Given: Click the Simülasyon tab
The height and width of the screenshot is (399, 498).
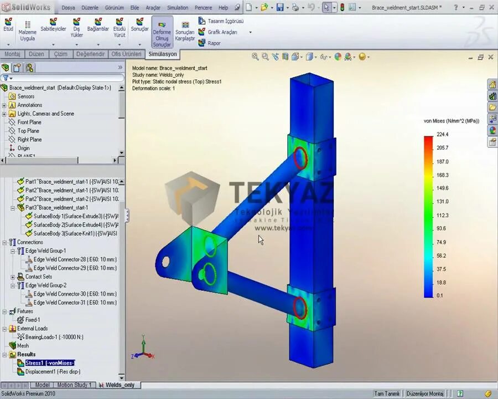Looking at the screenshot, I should (163, 54).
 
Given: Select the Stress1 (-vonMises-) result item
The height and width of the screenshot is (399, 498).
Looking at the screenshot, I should (49, 363).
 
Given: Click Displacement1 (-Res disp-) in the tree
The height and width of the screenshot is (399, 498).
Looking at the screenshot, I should (53, 371).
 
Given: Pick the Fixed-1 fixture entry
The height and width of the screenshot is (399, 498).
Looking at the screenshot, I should (32, 320).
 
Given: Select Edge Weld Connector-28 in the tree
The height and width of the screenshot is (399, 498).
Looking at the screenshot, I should (75, 259).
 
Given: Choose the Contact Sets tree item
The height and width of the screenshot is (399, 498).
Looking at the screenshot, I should (38, 277).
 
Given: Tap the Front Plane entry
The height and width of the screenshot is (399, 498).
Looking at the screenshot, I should (29, 122).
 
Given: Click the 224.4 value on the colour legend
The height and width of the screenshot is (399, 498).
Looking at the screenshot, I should (442, 135).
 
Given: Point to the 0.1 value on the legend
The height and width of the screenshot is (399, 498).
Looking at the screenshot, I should (439, 295).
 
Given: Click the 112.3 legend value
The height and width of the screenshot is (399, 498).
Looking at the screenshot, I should (442, 215).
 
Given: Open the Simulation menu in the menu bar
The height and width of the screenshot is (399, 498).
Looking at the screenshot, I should (178, 8).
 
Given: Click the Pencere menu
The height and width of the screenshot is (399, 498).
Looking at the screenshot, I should (203, 8).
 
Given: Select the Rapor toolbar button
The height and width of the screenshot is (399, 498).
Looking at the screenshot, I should (214, 43).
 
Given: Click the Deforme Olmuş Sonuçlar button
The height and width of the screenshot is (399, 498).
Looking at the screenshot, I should (162, 34).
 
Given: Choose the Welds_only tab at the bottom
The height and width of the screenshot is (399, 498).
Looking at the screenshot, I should (120, 385).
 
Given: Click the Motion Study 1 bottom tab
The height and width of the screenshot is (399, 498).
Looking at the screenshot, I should (75, 385).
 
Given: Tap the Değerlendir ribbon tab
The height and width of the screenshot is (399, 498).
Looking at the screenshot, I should (90, 54).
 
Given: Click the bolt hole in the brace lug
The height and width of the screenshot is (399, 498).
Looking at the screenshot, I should (165, 260).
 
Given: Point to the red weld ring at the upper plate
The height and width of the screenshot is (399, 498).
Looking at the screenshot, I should (300, 157).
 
